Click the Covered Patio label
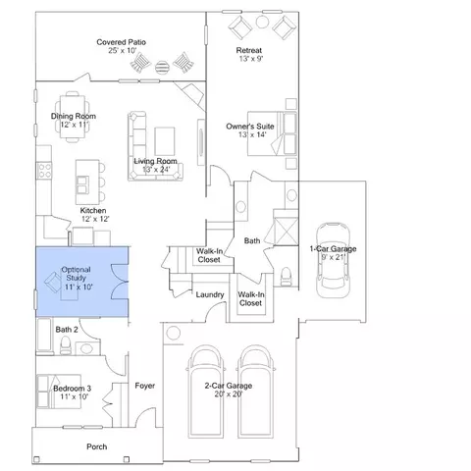pyautogui.click(x=121, y=42)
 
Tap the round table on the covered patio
pyautogui.click(x=162, y=68)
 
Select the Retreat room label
pyautogui.click(x=249, y=50)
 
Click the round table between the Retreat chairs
pyautogui.click(x=262, y=22)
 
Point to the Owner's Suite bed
pyautogui.click(x=272, y=133)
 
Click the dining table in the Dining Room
pyautogui.click(x=73, y=117)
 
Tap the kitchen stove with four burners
pyautogui.click(x=44, y=171)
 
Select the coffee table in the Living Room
pyautogui.click(x=165, y=141)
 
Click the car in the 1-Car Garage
pyautogui.click(x=333, y=260)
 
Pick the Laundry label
pyautogui.click(x=210, y=294)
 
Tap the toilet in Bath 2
pyautogui.click(x=66, y=344)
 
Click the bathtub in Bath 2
pyautogui.click(x=44, y=335)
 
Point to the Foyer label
pyautogui.click(x=145, y=386)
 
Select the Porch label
pyautogui.click(x=97, y=446)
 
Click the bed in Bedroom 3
pyautogui.click(x=59, y=392)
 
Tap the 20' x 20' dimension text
pyautogui.click(x=229, y=394)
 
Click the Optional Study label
pyautogui.click(x=76, y=274)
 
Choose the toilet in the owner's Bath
pyautogui.click(x=287, y=276)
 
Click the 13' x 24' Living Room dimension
pyautogui.click(x=156, y=170)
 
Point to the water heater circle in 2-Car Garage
pyautogui.click(x=174, y=334)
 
